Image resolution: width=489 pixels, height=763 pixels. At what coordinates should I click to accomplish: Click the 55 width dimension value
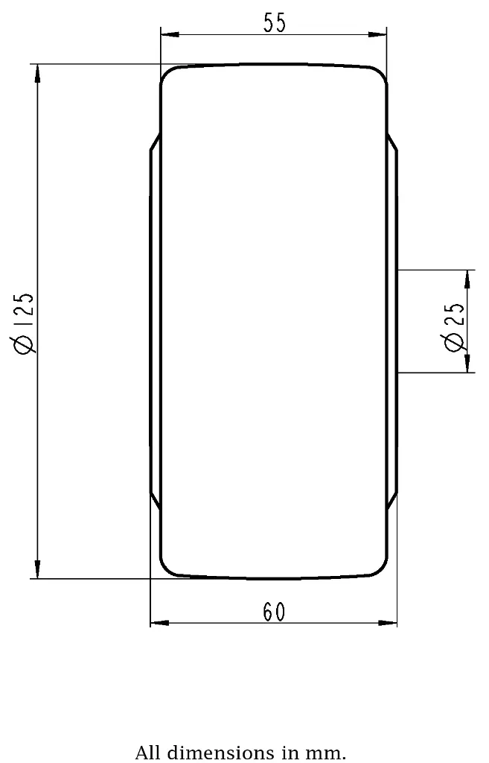[274, 23]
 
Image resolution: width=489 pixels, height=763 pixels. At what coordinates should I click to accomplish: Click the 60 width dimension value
[274, 612]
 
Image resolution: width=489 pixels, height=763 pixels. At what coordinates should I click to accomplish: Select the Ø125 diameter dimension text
[23, 322]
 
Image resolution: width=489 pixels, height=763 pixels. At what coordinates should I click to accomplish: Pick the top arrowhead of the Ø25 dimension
[467, 279]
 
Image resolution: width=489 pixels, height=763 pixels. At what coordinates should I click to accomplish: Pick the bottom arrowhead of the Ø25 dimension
[467, 363]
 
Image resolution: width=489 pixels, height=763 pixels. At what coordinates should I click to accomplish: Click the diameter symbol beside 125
[23, 343]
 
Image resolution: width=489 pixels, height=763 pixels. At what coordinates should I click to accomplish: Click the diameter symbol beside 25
[453, 342]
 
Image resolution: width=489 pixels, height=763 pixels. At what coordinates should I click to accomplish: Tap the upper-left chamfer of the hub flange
[155, 142]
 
